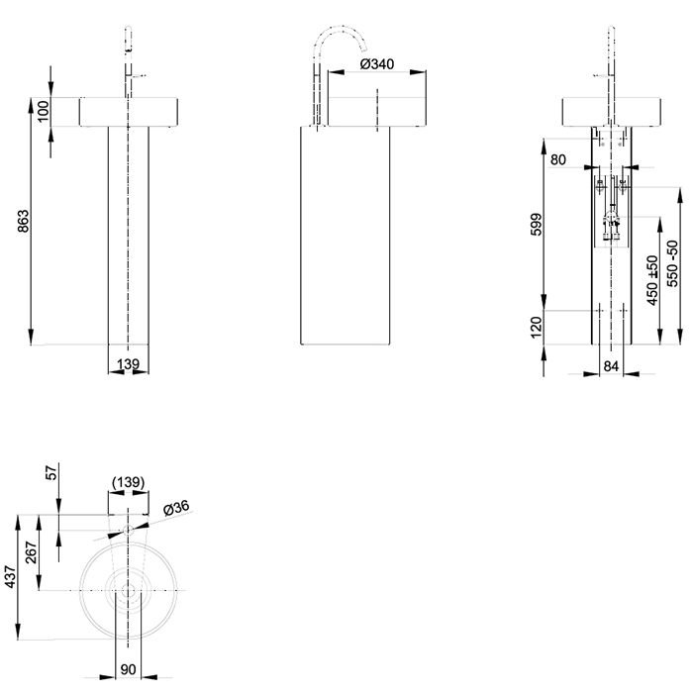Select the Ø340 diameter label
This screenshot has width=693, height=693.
[x=377, y=63]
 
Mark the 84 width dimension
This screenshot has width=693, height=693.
[x=612, y=367]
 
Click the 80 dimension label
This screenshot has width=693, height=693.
[x=558, y=158]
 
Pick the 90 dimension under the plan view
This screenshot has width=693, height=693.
[x=128, y=670]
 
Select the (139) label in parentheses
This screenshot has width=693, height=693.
[x=128, y=482]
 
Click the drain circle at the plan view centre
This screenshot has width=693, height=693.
[x=128, y=591]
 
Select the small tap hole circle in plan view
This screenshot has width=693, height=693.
[x=128, y=531]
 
